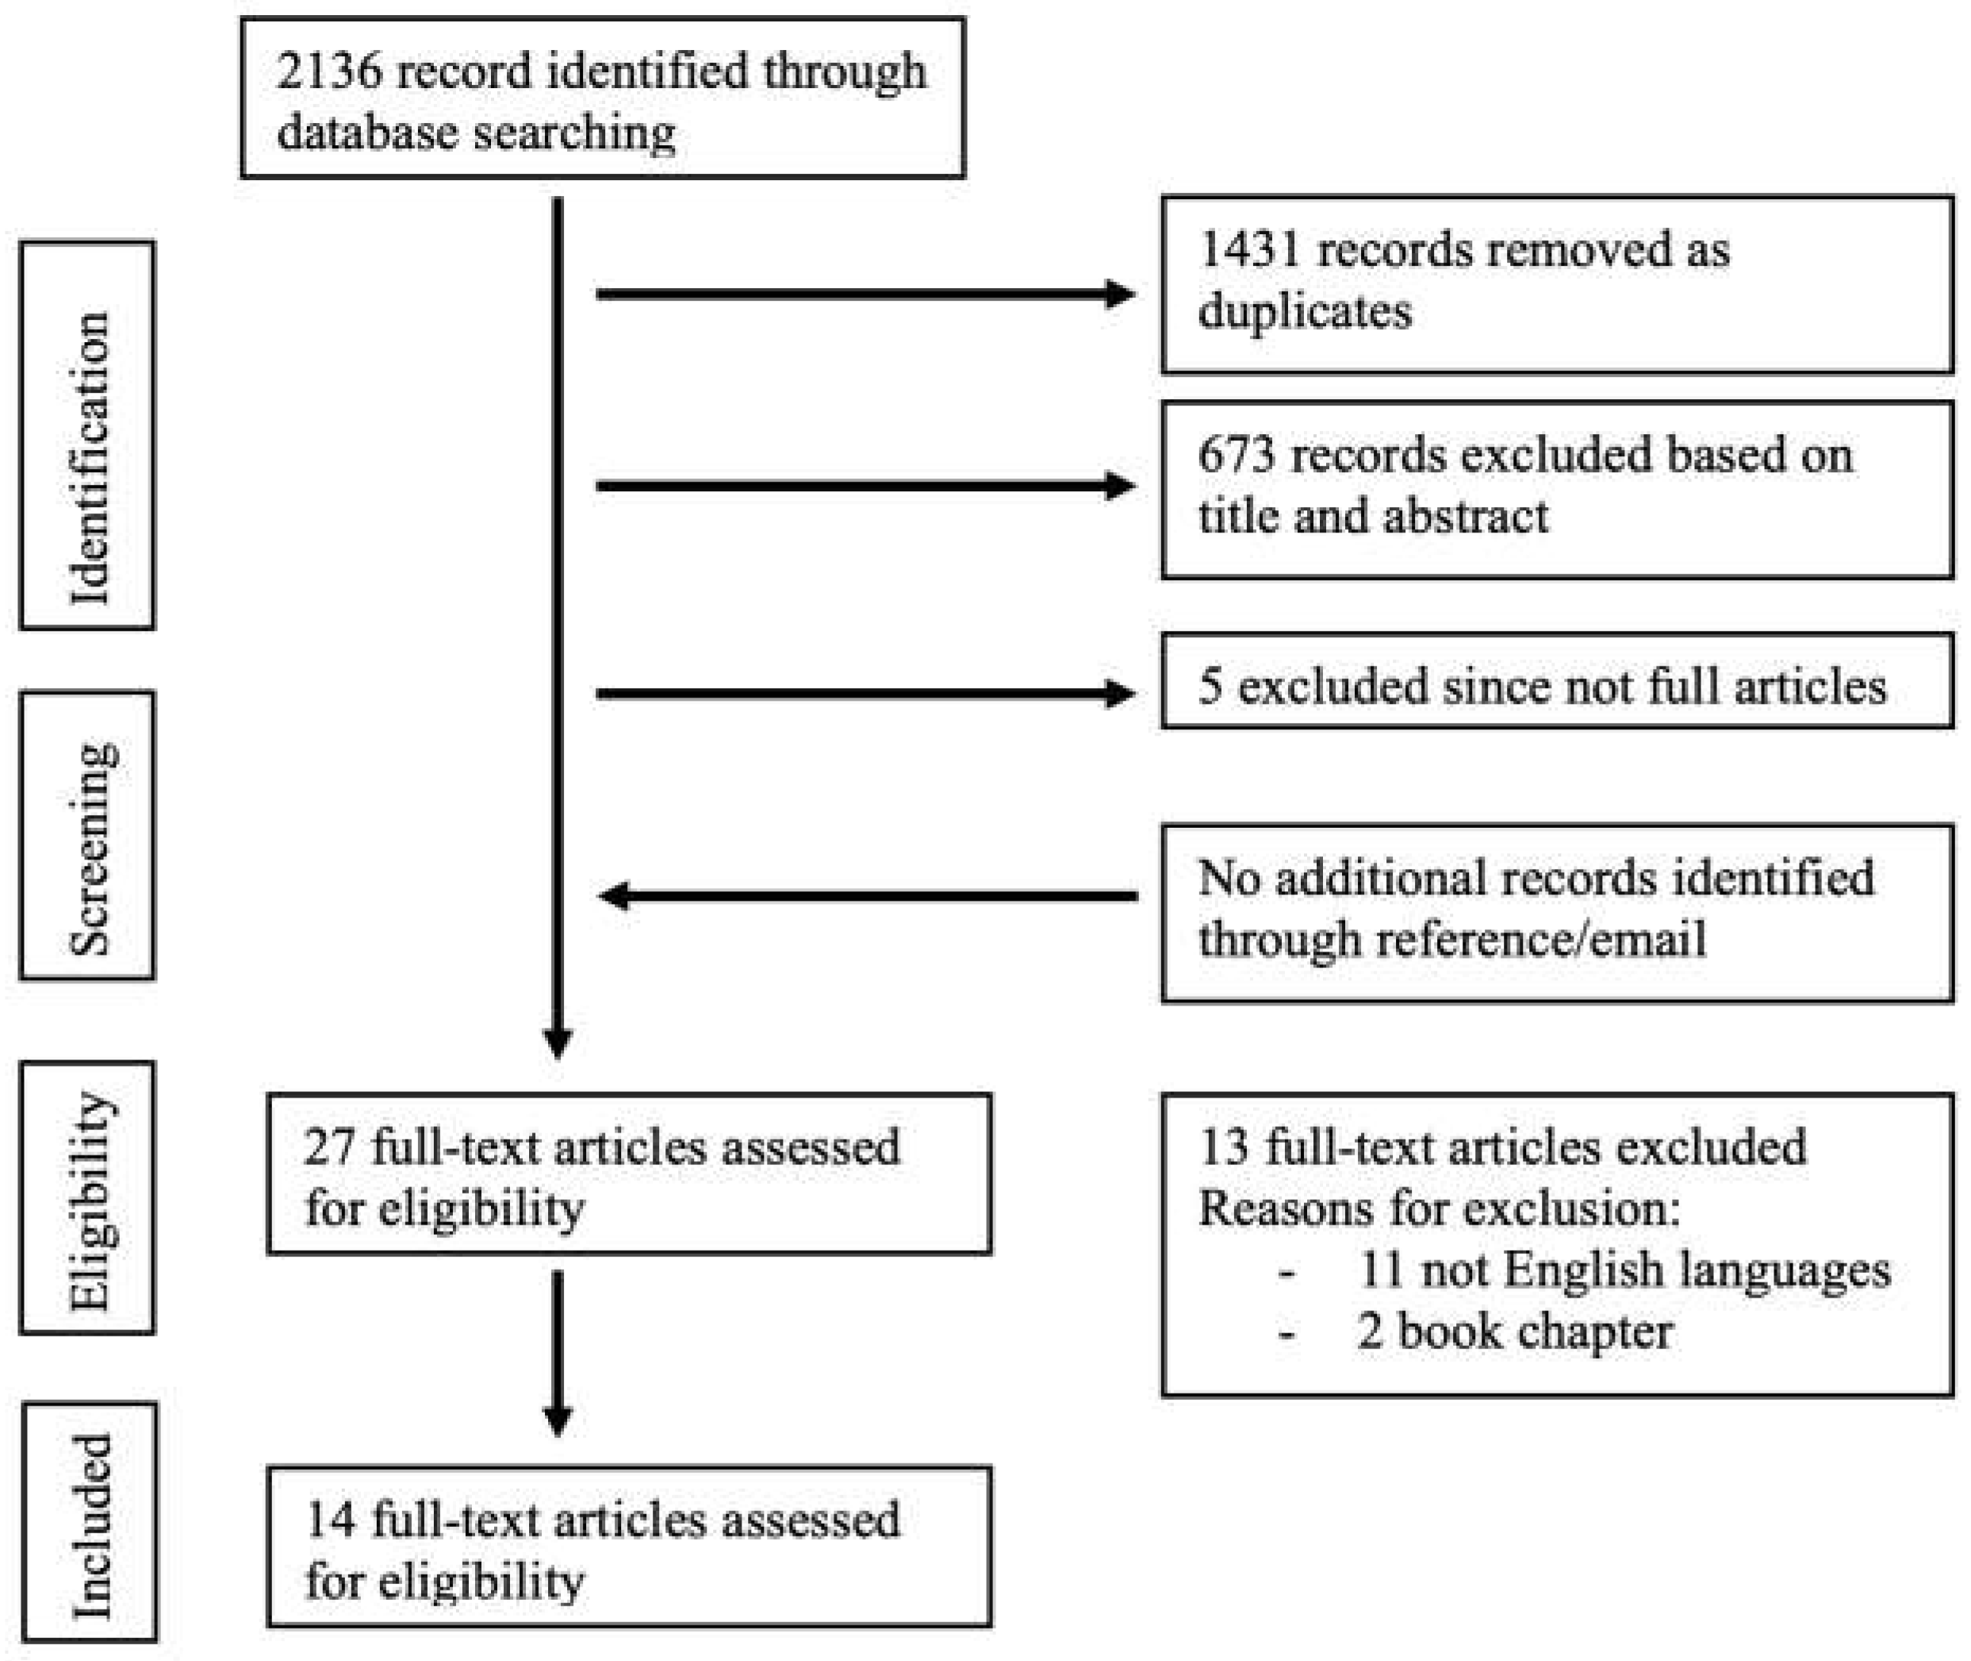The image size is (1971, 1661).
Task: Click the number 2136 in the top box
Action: point(329,72)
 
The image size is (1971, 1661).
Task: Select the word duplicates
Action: point(1306,311)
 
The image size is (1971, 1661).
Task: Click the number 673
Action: point(1237,456)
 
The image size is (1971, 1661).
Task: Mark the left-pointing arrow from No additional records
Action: point(866,895)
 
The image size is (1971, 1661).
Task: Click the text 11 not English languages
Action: point(1624,1271)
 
